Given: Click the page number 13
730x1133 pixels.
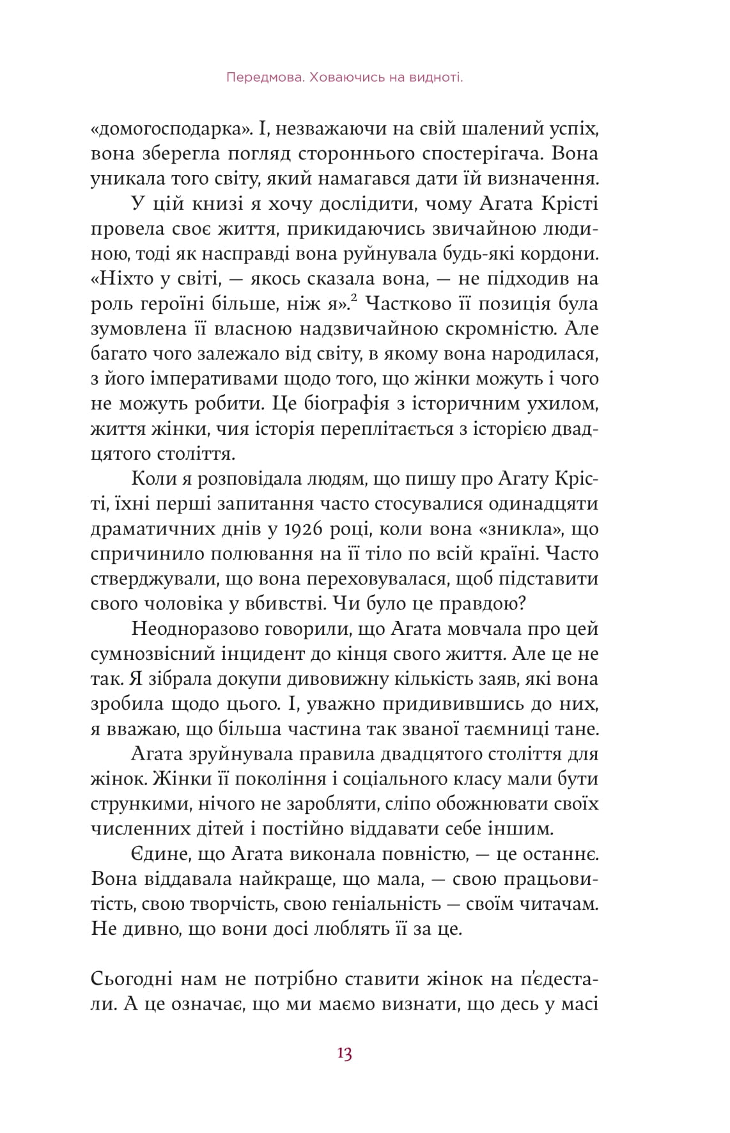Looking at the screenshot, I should pos(344,1054).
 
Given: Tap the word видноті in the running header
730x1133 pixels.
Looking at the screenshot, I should pos(430,78).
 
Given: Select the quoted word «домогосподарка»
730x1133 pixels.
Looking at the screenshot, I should pos(171,129).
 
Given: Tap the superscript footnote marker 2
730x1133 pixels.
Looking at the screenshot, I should pos(353,301).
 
